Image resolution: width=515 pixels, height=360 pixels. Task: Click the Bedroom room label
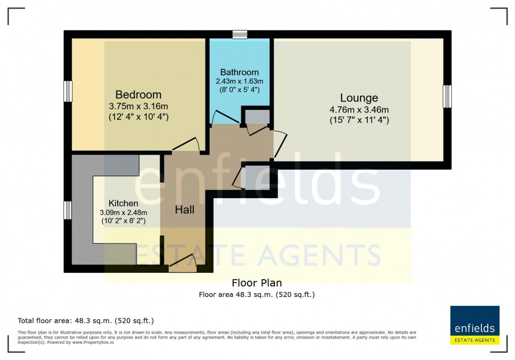pyautogui.click(x=138, y=95)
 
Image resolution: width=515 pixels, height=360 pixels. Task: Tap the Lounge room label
pyautogui.click(x=359, y=98)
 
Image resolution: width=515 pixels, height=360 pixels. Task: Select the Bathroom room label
pyautogui.click(x=239, y=72)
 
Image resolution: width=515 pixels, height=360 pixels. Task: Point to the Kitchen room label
pyautogui.click(x=123, y=203)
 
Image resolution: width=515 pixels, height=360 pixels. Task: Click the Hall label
pyautogui.click(x=184, y=210)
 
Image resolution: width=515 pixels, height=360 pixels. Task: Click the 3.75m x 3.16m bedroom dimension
pyautogui.click(x=138, y=106)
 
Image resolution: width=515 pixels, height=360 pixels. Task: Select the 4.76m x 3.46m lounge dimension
pyautogui.click(x=359, y=109)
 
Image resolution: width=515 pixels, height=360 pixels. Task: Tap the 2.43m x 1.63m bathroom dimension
pyautogui.click(x=239, y=81)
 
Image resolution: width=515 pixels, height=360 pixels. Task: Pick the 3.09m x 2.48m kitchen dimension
pyautogui.click(x=123, y=212)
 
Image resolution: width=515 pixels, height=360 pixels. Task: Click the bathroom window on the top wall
pyautogui.click(x=240, y=34)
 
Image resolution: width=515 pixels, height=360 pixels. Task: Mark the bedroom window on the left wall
pyautogui.click(x=68, y=91)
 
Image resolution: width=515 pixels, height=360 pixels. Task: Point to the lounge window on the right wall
pyautogui.click(x=447, y=96)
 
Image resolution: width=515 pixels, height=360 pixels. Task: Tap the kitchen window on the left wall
pyautogui.click(x=68, y=210)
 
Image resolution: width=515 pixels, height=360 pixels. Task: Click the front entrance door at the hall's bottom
pyautogui.click(x=182, y=263)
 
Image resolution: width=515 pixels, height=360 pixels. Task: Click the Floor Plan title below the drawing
pyautogui.click(x=256, y=283)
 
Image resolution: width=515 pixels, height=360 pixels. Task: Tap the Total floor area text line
pyautogui.click(x=86, y=321)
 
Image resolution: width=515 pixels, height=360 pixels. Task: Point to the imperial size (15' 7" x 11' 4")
pyautogui.click(x=359, y=120)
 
